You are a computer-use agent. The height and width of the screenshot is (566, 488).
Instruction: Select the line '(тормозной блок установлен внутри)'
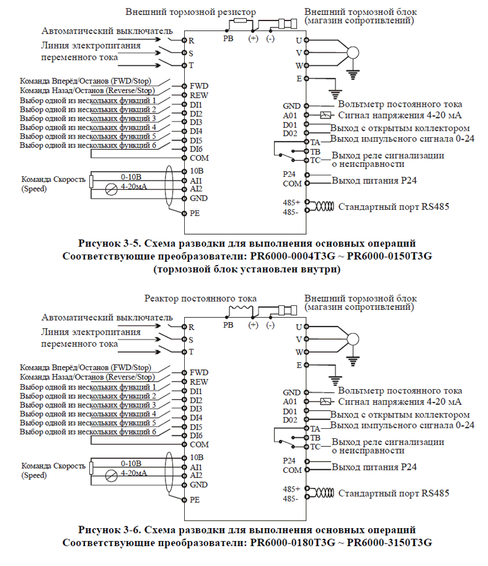tap(247, 269)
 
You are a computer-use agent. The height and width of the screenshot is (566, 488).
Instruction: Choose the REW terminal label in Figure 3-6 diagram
tap(199, 382)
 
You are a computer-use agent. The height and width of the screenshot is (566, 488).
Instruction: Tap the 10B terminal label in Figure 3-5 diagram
tap(197, 170)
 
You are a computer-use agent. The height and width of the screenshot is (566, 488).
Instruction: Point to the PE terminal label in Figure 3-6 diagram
tap(195, 500)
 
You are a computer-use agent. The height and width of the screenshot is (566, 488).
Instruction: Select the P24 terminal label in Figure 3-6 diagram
tap(289, 460)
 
